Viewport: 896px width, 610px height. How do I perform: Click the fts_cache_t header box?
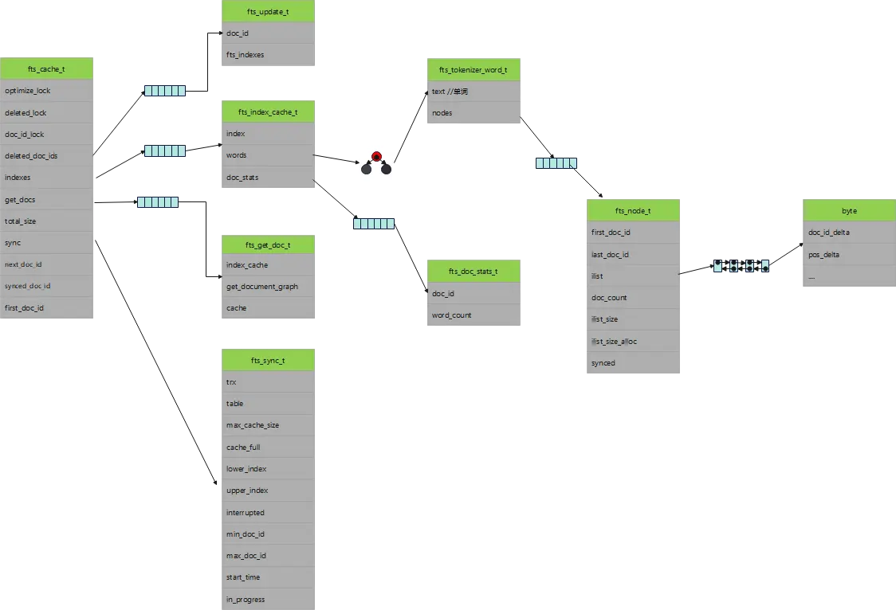tap(47, 69)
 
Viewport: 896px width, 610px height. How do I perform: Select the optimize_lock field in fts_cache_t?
tap(47, 91)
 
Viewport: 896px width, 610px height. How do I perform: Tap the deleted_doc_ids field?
tap(47, 156)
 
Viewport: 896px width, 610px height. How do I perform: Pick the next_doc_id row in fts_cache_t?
tap(47, 264)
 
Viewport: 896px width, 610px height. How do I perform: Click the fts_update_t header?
tap(267, 12)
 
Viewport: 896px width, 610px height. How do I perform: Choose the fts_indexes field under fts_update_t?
tap(267, 55)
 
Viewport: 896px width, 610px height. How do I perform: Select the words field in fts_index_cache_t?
tap(267, 155)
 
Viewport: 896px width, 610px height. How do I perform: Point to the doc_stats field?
tap(267, 178)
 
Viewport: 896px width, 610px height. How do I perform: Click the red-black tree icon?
tap(376, 162)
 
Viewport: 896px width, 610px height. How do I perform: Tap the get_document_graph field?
tap(267, 287)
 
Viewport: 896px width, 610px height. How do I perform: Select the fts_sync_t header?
tap(267, 361)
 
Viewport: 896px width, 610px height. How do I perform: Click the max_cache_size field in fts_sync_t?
tap(267, 425)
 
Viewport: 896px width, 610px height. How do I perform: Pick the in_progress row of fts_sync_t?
tap(267, 599)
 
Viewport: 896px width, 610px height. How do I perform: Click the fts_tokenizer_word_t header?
tap(474, 70)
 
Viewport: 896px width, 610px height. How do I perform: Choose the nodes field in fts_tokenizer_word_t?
tap(474, 113)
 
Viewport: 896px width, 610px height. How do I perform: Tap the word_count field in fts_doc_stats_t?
tap(474, 315)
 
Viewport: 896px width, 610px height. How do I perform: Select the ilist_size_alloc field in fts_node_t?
tap(634, 341)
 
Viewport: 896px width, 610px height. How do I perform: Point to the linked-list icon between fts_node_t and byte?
tap(741, 266)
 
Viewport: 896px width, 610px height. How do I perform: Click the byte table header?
tap(849, 211)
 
